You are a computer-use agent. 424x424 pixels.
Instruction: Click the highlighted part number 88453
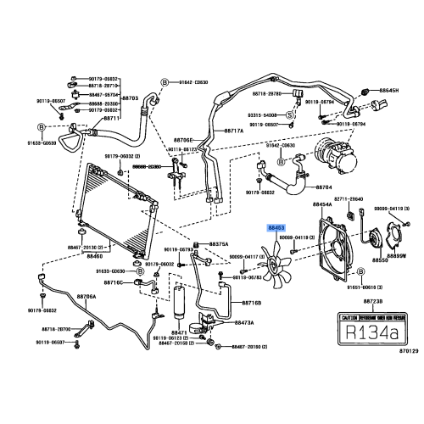(x=277, y=228)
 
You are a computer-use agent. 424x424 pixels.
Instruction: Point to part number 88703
(x=131, y=98)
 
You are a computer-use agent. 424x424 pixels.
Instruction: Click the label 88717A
(x=234, y=131)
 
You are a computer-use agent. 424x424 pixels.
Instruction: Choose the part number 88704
(x=324, y=186)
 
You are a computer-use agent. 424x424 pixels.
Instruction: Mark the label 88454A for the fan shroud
(x=322, y=205)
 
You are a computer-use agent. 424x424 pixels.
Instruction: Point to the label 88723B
(x=374, y=302)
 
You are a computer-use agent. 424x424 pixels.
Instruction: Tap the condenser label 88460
(x=95, y=254)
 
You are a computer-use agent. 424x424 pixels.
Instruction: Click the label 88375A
(x=219, y=245)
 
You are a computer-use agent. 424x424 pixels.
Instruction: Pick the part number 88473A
(x=244, y=322)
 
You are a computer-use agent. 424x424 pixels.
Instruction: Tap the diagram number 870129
(x=409, y=350)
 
